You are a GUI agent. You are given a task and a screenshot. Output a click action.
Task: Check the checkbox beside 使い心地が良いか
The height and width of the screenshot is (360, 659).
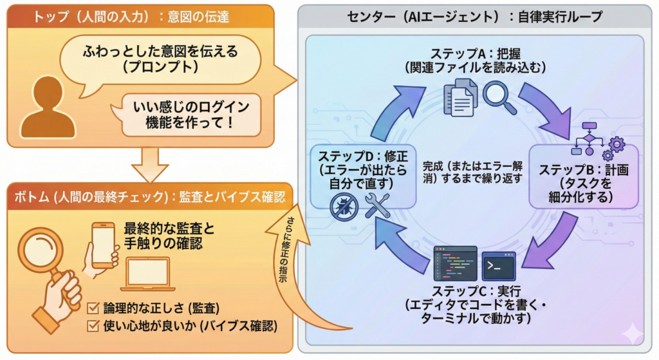click(93, 326)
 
